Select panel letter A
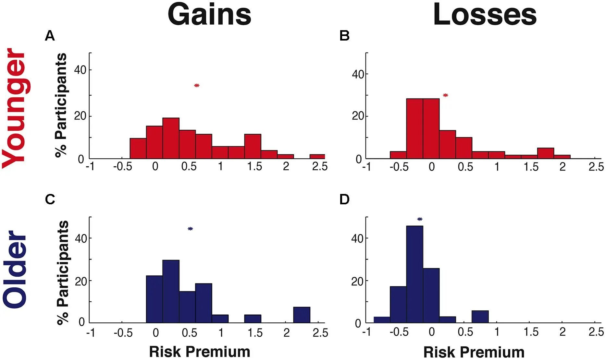point(50,36)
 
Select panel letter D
point(344,199)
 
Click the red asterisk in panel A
point(197,86)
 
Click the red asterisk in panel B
point(445,95)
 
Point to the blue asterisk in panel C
point(190,229)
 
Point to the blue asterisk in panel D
point(420,220)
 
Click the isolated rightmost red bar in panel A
point(317,157)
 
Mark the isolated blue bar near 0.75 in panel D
point(480,317)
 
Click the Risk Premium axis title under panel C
point(199,352)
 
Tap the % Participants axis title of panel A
point(61,105)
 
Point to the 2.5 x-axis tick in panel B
point(596,167)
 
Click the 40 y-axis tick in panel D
point(357,239)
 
